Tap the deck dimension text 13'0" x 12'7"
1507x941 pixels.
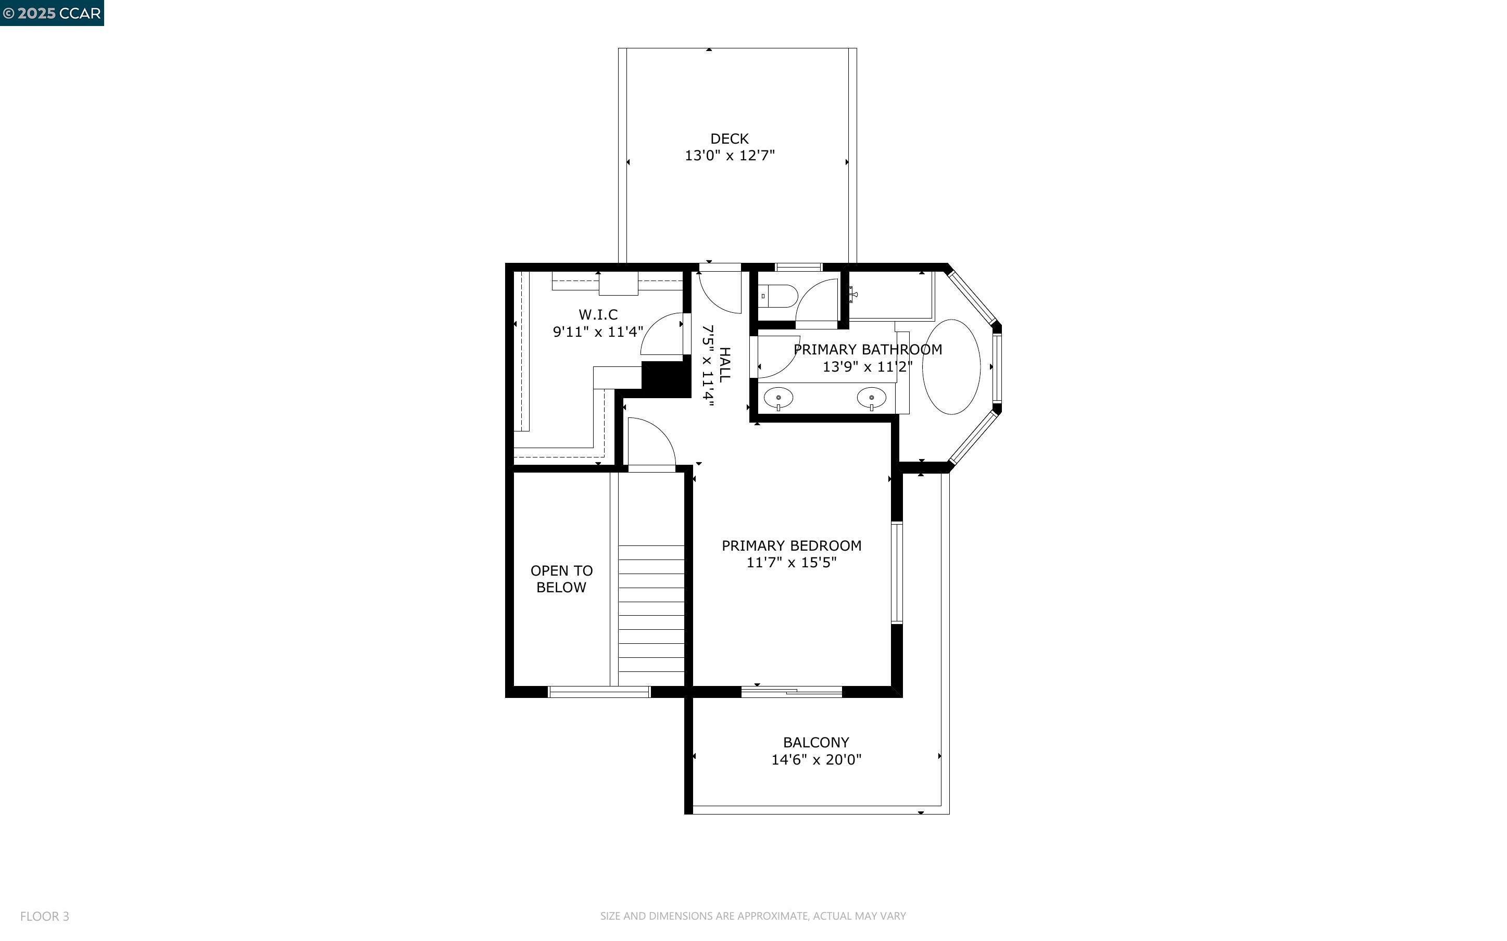(x=729, y=156)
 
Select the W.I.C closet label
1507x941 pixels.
(x=598, y=315)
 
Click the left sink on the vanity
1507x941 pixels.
(x=778, y=397)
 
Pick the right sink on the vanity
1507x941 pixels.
(x=871, y=397)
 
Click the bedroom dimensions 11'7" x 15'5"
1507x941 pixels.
(x=791, y=563)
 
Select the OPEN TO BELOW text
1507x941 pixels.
(x=561, y=579)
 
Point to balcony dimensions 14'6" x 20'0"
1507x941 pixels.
(x=815, y=759)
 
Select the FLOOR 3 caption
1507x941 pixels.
(x=44, y=916)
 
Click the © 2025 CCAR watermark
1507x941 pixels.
(x=52, y=13)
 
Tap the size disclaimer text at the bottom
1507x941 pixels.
(x=752, y=916)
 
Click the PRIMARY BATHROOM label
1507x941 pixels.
(x=867, y=350)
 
